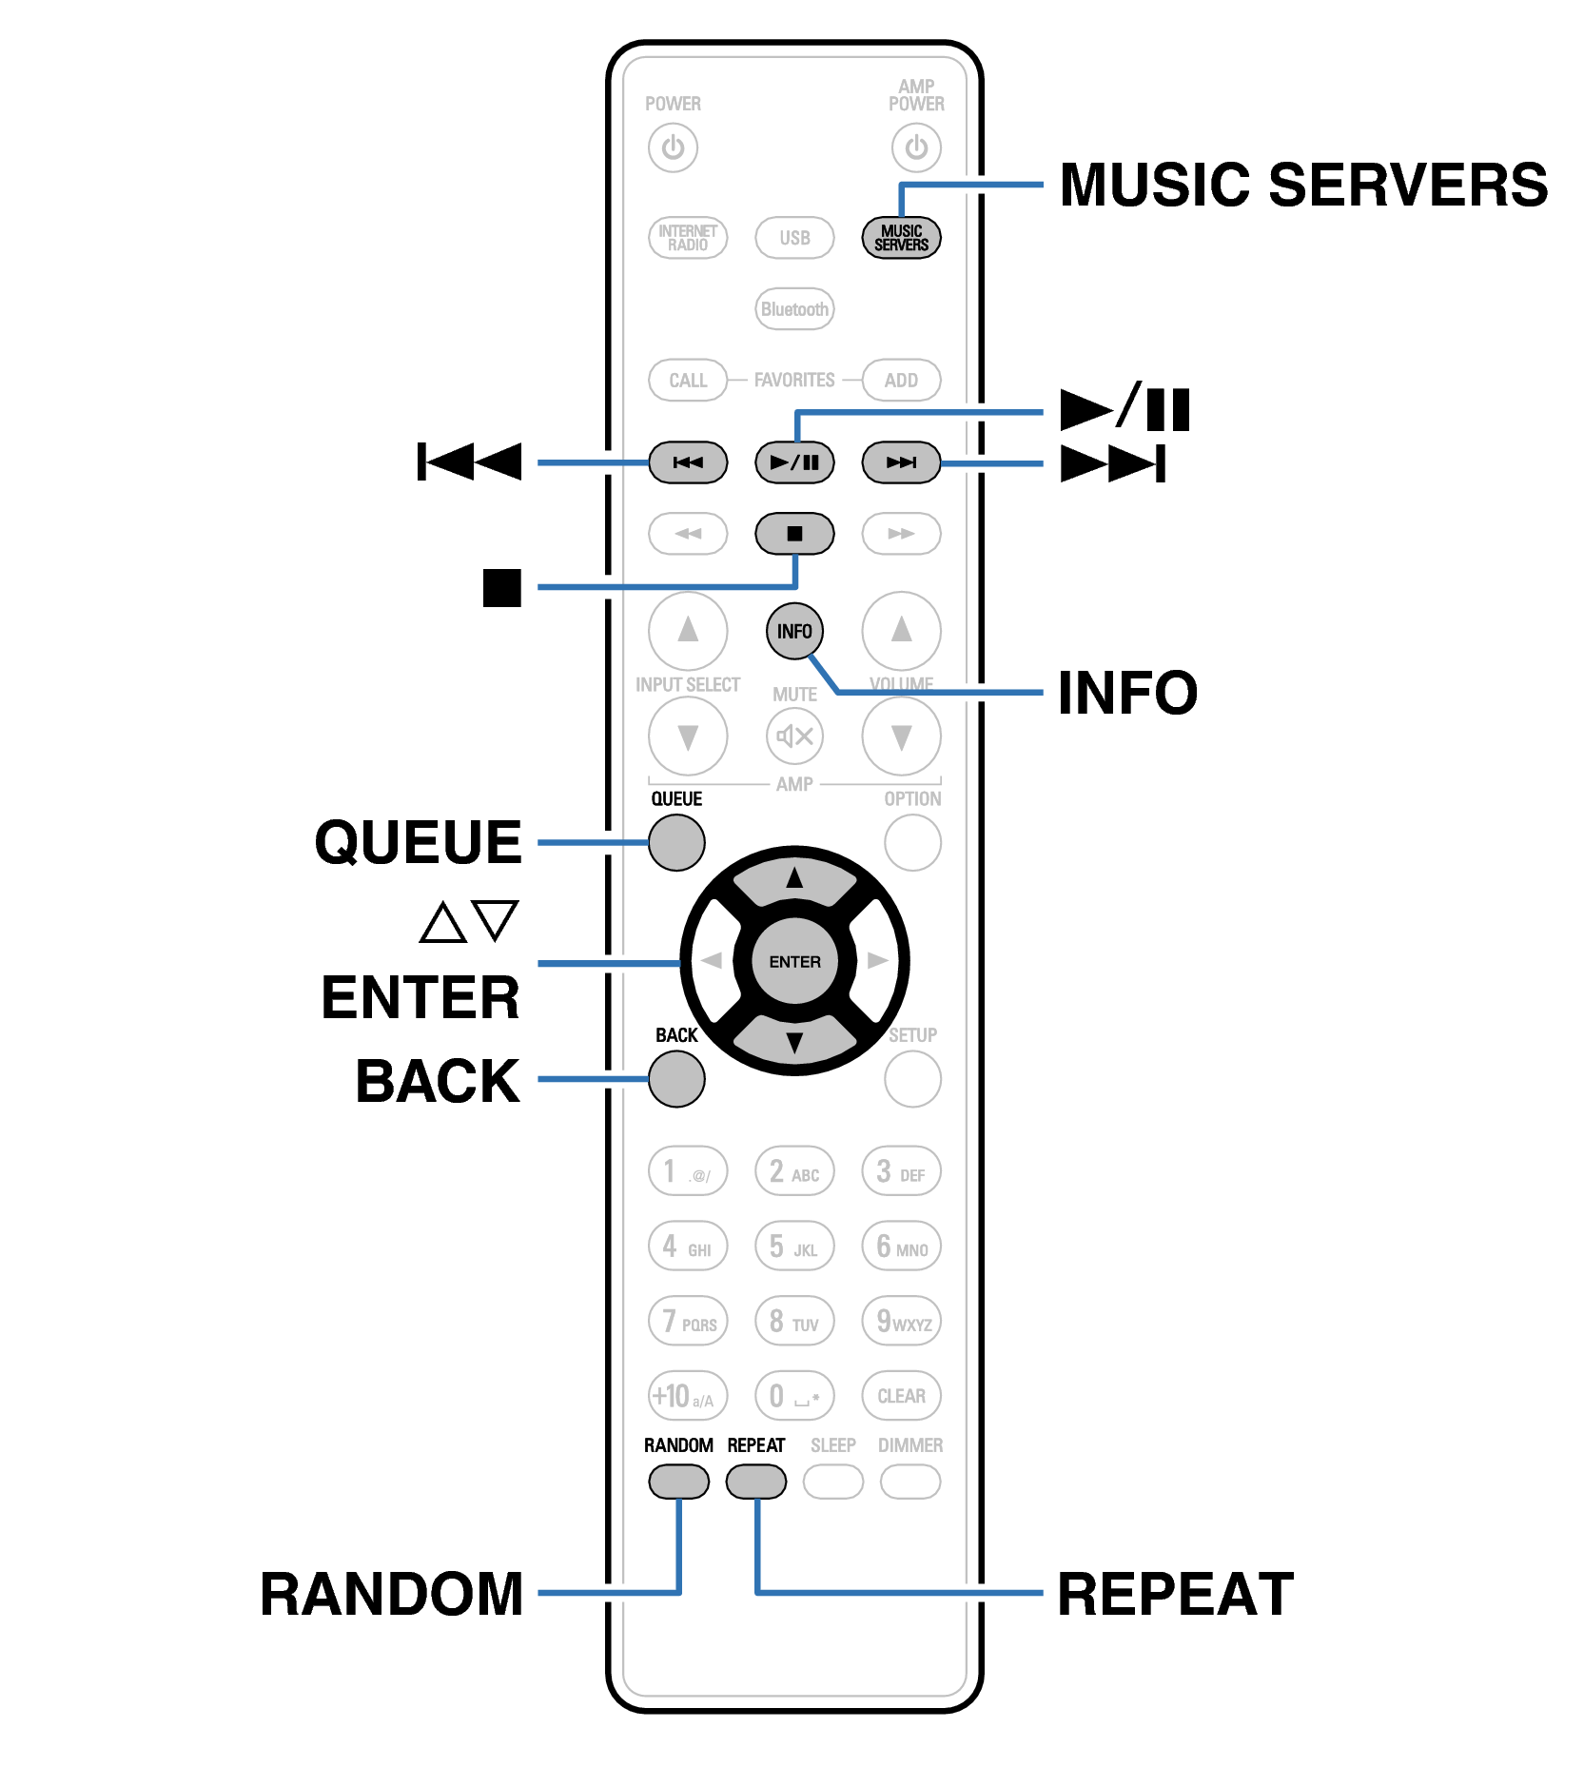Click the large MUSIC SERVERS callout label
1302,185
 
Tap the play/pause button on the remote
794,462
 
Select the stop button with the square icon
794,533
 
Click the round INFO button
794,631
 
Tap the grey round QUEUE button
676,842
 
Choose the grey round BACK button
676,1079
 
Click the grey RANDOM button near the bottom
678,1482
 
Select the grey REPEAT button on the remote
756,1482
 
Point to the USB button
794,238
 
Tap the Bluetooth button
794,309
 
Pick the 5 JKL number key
794,1247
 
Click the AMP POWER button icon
916,147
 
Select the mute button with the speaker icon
794,736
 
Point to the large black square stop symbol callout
501,587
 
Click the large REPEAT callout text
1175,1595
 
